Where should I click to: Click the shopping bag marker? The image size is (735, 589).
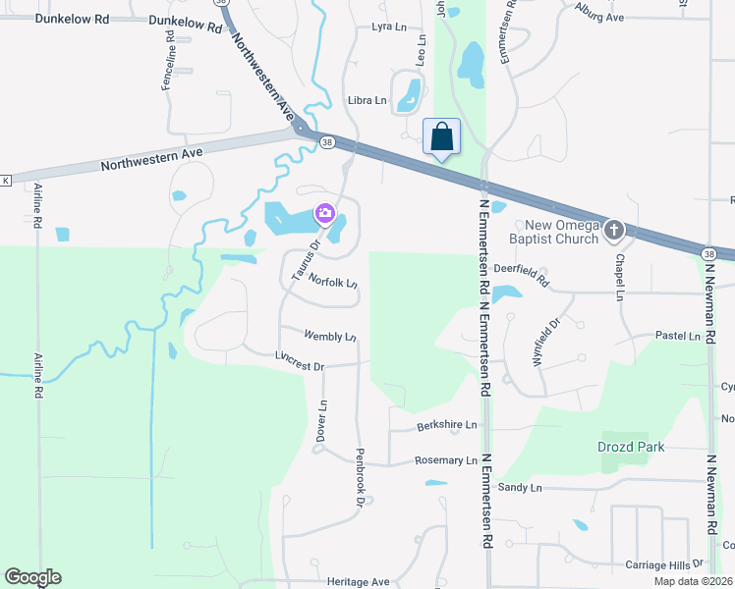point(441,136)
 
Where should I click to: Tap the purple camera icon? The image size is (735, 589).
point(323,212)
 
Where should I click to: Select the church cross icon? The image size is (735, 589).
point(614,230)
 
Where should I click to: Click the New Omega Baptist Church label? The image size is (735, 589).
point(554,232)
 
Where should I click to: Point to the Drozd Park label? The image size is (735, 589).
point(631,447)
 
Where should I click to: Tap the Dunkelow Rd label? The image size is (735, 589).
point(187,25)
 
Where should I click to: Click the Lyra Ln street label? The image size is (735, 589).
point(389,27)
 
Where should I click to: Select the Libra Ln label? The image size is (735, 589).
point(367,100)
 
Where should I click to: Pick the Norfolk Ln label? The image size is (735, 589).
point(332,280)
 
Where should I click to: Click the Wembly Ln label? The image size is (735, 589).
point(330,336)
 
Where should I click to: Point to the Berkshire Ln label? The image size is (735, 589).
point(446,424)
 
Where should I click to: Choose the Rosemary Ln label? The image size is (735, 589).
point(445,460)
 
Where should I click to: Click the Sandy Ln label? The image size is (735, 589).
point(520,487)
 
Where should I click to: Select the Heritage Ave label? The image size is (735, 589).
point(345,581)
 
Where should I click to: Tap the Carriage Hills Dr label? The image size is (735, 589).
point(664,564)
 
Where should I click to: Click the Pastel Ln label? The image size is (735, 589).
point(678,336)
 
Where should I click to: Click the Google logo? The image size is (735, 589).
point(32,577)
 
